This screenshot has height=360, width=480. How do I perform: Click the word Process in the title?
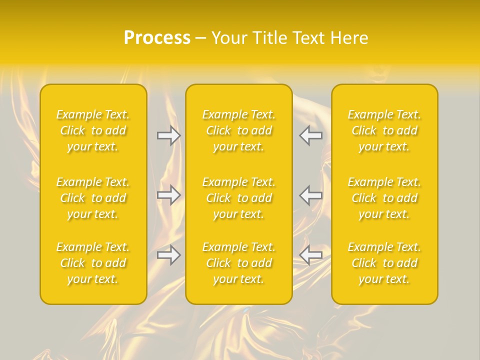[x=157, y=38]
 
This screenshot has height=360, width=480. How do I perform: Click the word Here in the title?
[x=349, y=38]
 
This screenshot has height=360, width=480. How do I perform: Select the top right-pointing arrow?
[x=168, y=135]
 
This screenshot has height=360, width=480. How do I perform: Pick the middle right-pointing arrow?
[x=168, y=195]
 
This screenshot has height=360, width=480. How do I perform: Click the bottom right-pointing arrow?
[x=168, y=255]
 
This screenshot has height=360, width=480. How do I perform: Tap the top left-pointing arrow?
[x=310, y=135]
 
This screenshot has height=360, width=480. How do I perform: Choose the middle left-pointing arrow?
[x=310, y=195]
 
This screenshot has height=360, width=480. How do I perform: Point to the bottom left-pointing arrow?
[x=310, y=255]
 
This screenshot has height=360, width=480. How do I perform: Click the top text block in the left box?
[x=93, y=130]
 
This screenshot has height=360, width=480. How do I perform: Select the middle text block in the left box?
[x=93, y=198]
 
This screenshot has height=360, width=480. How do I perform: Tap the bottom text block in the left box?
[x=93, y=263]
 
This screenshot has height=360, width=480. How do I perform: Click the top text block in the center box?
[x=239, y=130]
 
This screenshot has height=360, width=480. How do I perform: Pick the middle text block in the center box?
[x=239, y=198]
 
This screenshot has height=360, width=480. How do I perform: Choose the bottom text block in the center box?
[x=239, y=263]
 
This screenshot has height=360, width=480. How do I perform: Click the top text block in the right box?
[x=384, y=130]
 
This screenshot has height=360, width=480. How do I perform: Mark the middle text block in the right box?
[x=384, y=198]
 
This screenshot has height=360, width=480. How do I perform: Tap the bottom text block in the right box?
[x=384, y=263]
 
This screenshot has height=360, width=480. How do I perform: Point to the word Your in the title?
[x=228, y=38]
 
